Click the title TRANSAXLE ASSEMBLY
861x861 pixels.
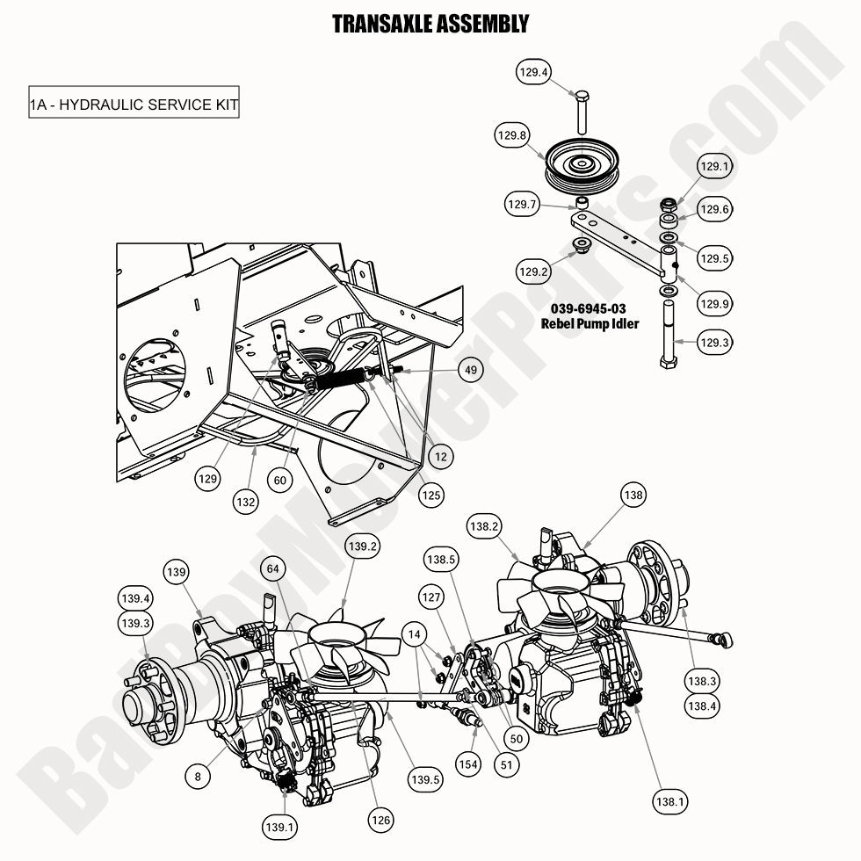click(430, 24)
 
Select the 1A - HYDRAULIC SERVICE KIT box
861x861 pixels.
click(134, 105)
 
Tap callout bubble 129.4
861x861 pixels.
click(535, 73)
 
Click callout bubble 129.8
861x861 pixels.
click(511, 135)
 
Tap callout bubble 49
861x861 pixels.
click(471, 371)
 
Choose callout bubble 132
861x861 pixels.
click(246, 502)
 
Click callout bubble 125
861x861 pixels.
click(430, 494)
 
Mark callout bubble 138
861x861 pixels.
click(633, 496)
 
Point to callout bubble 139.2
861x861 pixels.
click(363, 546)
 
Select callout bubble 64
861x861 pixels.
click(274, 570)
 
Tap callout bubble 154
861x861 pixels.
click(468, 763)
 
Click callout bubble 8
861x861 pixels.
click(199, 776)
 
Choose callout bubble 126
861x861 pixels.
click(380, 821)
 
